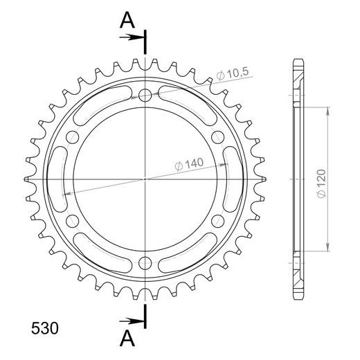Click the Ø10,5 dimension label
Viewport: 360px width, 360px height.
[233, 74]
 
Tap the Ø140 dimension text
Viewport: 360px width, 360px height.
[189, 164]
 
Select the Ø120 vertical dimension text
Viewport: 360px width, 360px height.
[321, 183]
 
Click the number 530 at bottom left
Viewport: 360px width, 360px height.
[45, 328]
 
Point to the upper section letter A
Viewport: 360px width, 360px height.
[127, 20]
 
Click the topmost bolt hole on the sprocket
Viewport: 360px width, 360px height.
[145, 95]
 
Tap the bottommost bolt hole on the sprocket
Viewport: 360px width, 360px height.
[145, 263]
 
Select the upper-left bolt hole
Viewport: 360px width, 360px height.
[73, 137]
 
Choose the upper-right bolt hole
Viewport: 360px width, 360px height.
[218, 137]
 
